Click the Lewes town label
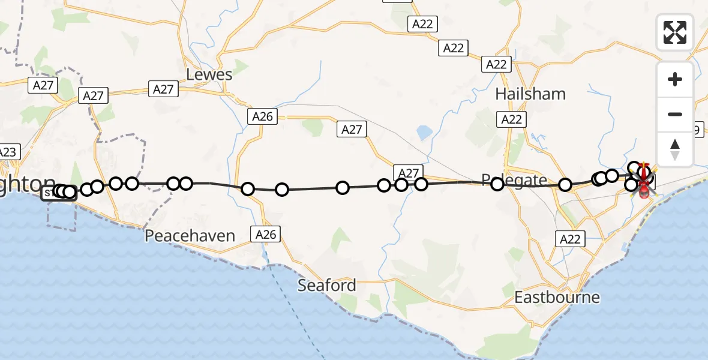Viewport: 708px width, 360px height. tap(209, 74)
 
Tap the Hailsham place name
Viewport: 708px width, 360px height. tap(531, 94)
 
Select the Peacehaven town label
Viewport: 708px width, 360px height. tap(190, 235)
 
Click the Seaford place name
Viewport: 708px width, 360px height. tap(327, 285)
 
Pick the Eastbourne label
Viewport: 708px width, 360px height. tap(557, 297)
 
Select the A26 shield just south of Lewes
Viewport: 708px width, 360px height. tap(263, 116)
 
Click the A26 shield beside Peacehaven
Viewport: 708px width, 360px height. tap(266, 234)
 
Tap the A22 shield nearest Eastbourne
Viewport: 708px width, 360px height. tap(570, 239)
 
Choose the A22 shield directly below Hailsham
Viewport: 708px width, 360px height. tap(512, 119)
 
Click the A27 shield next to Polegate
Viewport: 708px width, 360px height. tap(409, 173)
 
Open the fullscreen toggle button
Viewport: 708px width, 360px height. tap(675, 32)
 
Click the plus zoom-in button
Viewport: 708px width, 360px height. tap(675, 79)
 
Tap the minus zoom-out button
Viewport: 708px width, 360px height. tap(675, 114)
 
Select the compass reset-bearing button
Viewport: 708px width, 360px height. tap(675, 149)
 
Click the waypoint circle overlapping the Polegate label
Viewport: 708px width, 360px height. tap(497, 184)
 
